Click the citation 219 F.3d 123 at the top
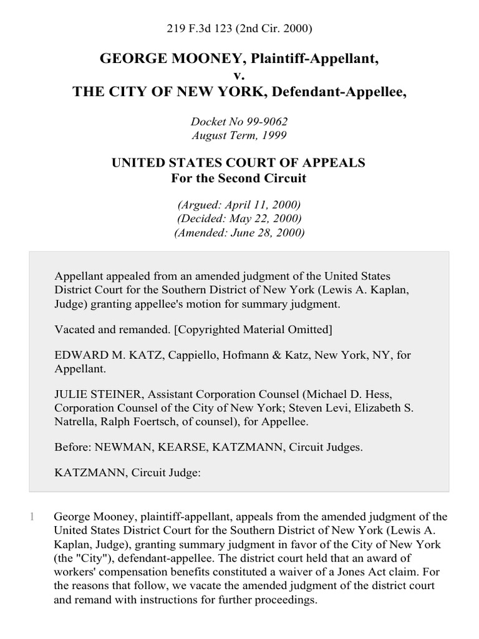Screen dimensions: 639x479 [x=239, y=29]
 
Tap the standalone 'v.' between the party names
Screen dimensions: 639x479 [x=239, y=76]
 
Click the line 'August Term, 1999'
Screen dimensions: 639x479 [x=239, y=135]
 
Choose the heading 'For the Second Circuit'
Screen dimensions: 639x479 [x=239, y=178]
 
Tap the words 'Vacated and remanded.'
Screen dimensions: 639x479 [x=102, y=328]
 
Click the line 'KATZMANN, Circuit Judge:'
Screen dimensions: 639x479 [x=128, y=473]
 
